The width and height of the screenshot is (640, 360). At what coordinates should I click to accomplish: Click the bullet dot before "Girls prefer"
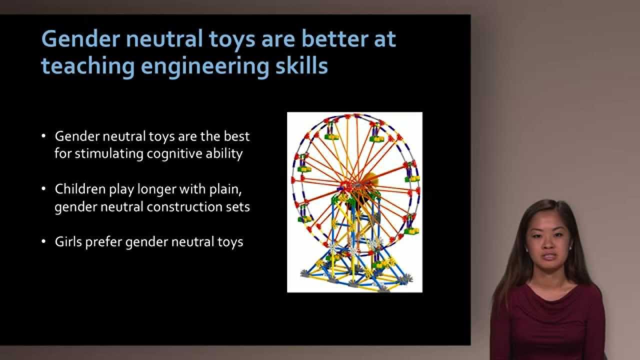(x=43, y=242)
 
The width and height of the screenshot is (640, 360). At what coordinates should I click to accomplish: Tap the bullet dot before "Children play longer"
(x=43, y=189)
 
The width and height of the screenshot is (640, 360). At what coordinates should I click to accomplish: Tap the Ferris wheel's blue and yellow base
(x=355, y=272)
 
